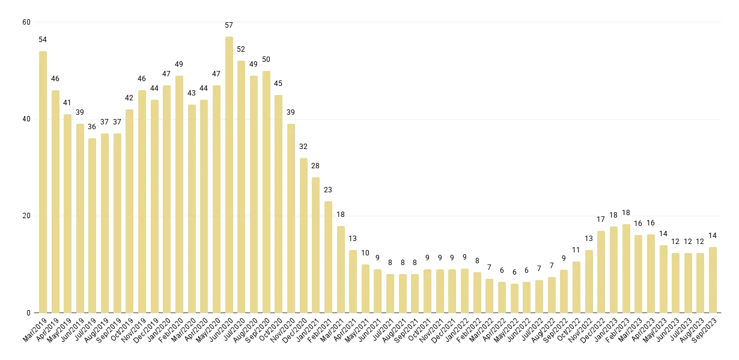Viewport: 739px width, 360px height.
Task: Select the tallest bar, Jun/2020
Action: (x=229, y=175)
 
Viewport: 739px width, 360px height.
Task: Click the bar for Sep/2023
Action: (x=713, y=280)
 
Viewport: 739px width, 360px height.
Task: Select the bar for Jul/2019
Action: (x=93, y=226)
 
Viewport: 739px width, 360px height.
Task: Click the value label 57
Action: (x=229, y=25)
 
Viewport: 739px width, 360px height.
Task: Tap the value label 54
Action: (x=43, y=40)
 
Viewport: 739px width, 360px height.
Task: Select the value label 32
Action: (x=303, y=147)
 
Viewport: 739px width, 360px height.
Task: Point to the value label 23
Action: (x=328, y=190)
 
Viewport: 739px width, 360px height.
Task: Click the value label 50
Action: (x=266, y=59)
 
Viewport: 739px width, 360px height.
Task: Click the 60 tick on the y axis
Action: (x=26, y=22)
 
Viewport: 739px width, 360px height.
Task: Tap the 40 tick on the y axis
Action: (x=26, y=119)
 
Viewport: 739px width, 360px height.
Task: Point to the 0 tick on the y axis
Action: (x=28, y=313)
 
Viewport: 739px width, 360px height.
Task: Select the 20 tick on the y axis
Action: (x=26, y=216)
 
